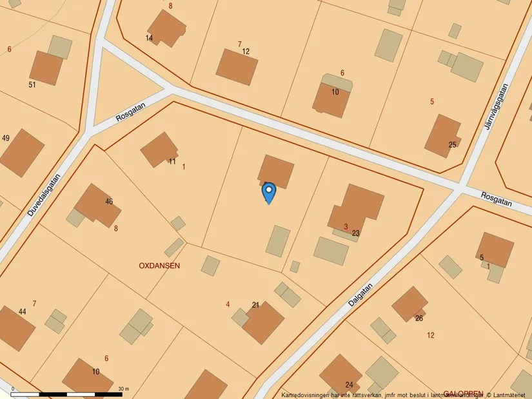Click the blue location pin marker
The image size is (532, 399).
click(x=269, y=192)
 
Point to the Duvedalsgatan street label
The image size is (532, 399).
click(x=44, y=195)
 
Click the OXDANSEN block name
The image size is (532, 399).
click(x=159, y=266)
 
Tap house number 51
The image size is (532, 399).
click(x=32, y=84)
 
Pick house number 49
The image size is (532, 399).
click(x=6, y=139)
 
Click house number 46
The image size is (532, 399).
click(x=109, y=202)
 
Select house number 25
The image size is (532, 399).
click(x=453, y=144)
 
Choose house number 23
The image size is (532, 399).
click(x=356, y=233)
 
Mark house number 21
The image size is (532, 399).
click(x=255, y=305)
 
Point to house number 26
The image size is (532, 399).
click(x=419, y=318)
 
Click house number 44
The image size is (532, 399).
click(x=23, y=312)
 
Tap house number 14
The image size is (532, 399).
click(x=149, y=39)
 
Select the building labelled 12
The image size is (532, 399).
click(x=236, y=66)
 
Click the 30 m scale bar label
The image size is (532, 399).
click(x=124, y=389)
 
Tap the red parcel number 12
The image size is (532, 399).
click(x=431, y=335)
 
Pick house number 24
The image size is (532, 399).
click(x=349, y=385)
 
